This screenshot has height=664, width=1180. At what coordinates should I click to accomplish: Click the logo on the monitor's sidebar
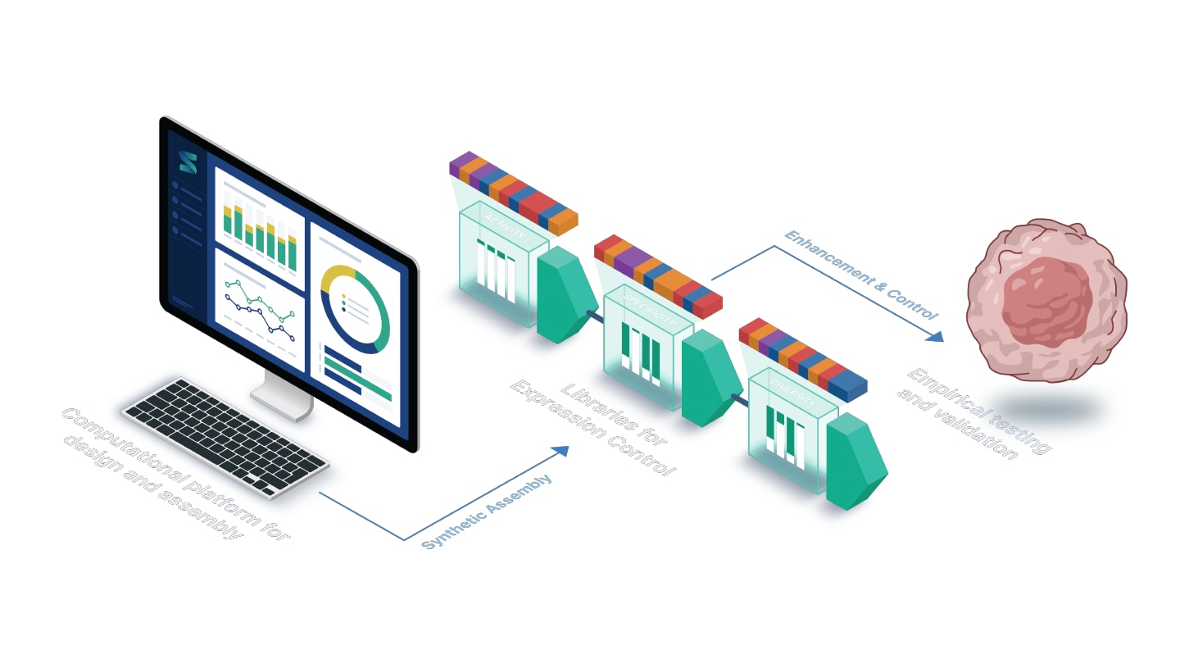[x=188, y=161]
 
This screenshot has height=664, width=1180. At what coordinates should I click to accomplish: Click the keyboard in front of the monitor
[x=225, y=435]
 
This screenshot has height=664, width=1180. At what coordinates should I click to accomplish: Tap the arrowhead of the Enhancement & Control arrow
[x=935, y=335]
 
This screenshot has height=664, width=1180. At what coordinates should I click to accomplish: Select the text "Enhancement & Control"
[x=860, y=275]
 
